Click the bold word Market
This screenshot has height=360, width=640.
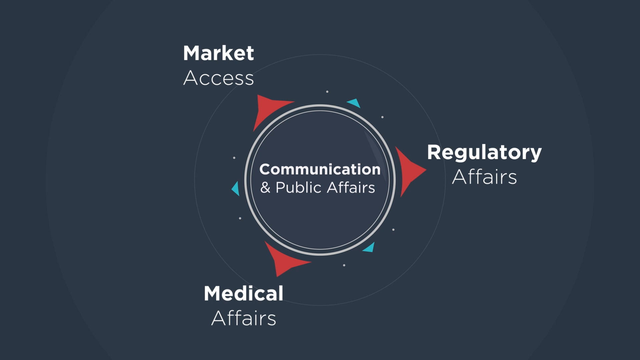(218, 53)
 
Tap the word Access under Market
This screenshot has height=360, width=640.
(218, 78)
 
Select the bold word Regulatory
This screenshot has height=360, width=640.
(484, 153)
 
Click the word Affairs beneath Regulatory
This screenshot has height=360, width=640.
(484, 177)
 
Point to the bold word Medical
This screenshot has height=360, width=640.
(243, 294)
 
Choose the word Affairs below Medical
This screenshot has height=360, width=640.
(244, 318)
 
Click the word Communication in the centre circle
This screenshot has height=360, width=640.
(320, 169)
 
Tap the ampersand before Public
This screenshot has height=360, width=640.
(265, 187)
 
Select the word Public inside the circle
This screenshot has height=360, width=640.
(299, 188)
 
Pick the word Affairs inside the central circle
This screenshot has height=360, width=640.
(351, 187)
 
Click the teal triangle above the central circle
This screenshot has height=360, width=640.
(355, 103)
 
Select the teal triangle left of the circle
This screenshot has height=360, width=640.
(236, 189)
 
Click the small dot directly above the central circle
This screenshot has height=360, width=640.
(327, 92)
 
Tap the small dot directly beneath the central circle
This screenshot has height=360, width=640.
(344, 265)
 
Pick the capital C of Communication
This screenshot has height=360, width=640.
(265, 169)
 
